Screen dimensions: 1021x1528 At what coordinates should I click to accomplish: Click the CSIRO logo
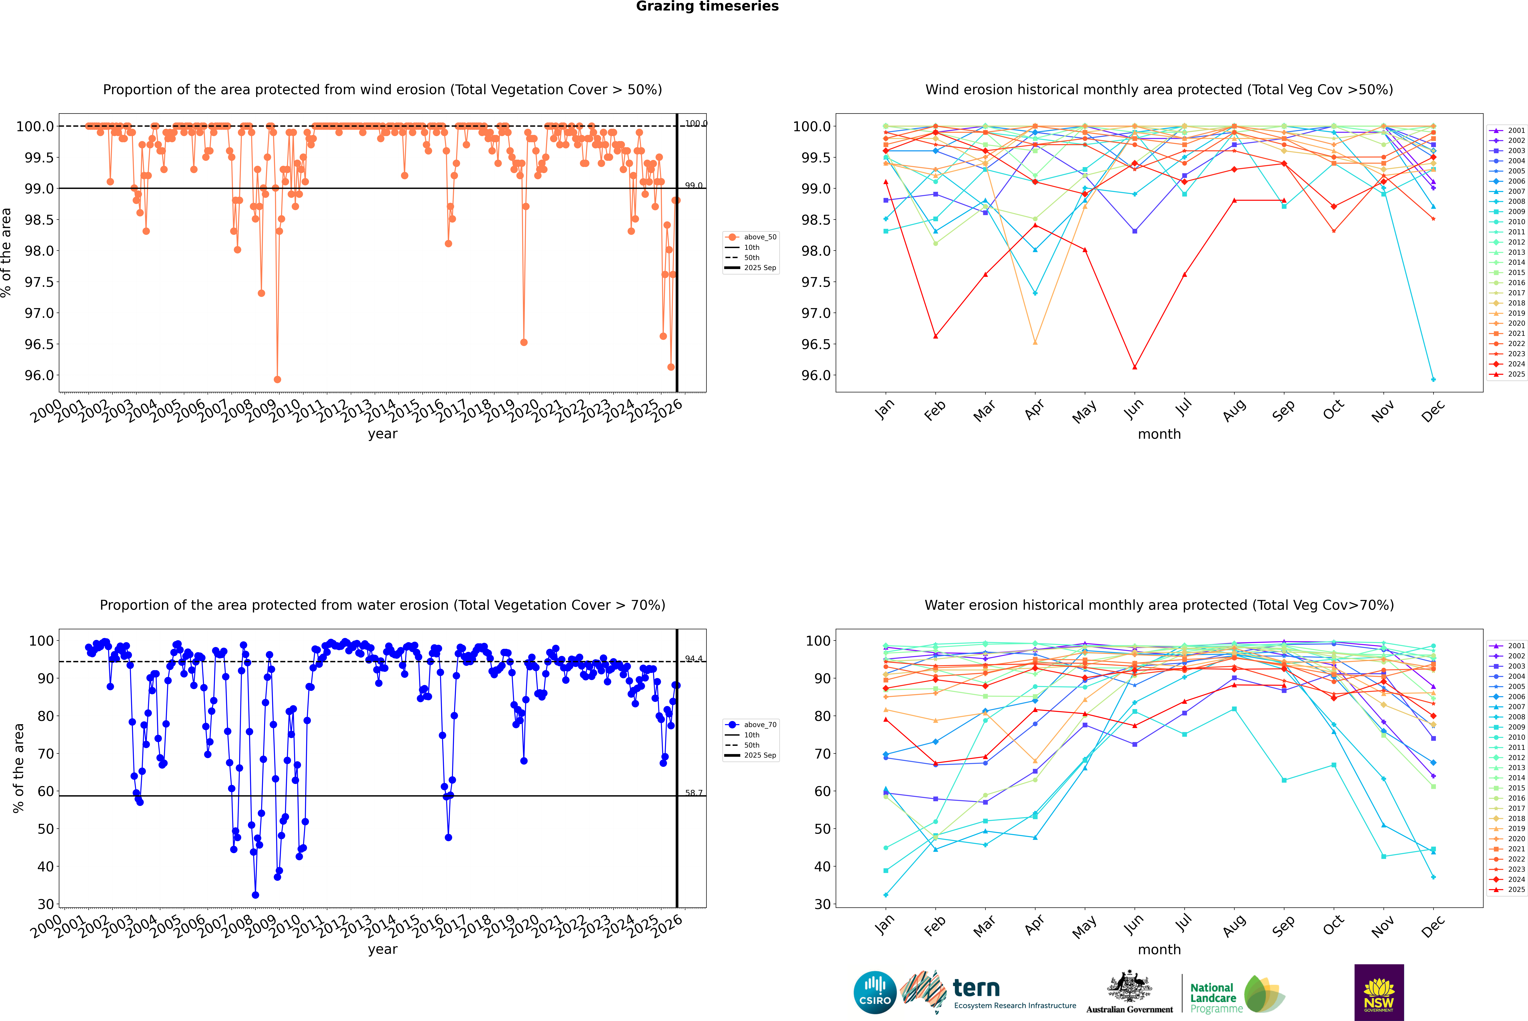pos(875,992)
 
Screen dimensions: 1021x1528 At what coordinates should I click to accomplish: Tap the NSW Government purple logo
pos(1379,992)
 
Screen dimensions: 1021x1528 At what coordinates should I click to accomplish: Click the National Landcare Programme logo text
pos(1213,998)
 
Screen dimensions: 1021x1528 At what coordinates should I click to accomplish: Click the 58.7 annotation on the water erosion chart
pos(694,793)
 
